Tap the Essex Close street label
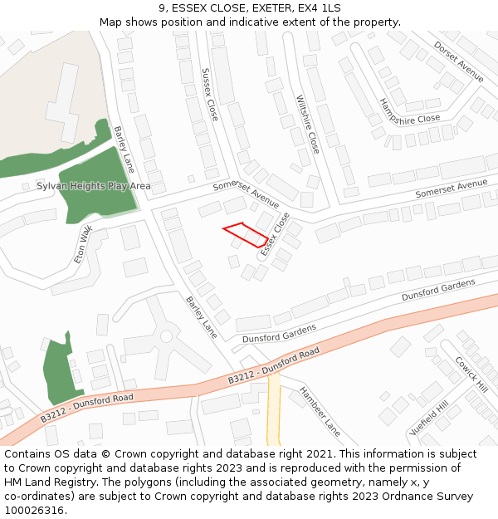[x=275, y=233]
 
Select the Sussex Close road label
[x=209, y=95]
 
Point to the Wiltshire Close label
[x=307, y=124]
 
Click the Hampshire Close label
[x=409, y=111]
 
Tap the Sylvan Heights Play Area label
[x=94, y=186]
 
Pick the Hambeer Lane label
[x=320, y=411]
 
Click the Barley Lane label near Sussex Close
[x=124, y=149]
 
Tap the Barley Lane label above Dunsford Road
[x=201, y=317]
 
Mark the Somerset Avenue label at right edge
[x=451, y=188]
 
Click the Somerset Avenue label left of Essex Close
[x=246, y=194]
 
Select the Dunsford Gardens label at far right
[x=438, y=290]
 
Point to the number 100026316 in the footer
[x=33, y=510]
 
